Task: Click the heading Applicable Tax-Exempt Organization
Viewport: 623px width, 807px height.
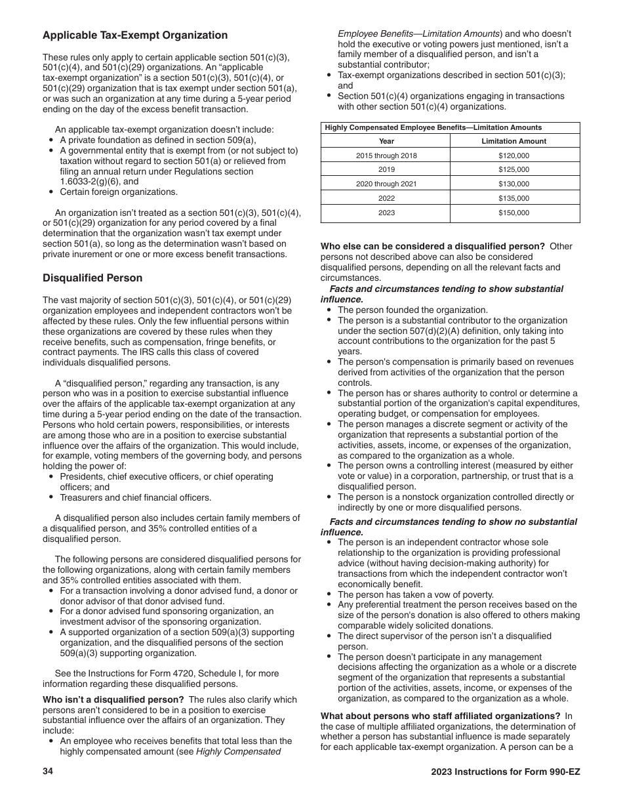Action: [x=135, y=35]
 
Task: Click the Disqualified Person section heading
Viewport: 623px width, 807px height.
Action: [x=92, y=278]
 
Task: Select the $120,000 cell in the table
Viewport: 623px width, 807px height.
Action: [x=513, y=155]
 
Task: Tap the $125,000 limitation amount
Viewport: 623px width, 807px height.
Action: [x=513, y=170]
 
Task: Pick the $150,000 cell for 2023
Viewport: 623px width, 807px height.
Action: [x=513, y=213]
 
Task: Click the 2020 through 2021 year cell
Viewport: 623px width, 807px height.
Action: [x=386, y=184]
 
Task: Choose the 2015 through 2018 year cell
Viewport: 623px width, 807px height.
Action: [x=386, y=155]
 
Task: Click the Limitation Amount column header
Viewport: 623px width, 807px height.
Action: [x=513, y=141]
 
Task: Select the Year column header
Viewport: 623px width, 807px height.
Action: [x=386, y=141]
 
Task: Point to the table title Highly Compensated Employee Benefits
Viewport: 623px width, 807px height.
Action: [x=433, y=128]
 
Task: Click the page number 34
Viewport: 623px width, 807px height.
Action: [x=48, y=772]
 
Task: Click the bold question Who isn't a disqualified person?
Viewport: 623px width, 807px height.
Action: [x=113, y=699]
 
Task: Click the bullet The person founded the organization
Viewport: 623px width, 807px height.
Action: [x=412, y=310]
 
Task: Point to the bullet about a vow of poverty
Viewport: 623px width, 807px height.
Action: [x=415, y=594]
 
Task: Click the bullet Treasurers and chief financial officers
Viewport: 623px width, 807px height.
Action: [x=136, y=498]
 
